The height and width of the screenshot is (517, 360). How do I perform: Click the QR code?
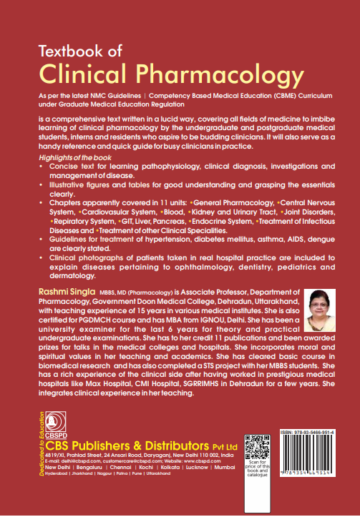point(258,449)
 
